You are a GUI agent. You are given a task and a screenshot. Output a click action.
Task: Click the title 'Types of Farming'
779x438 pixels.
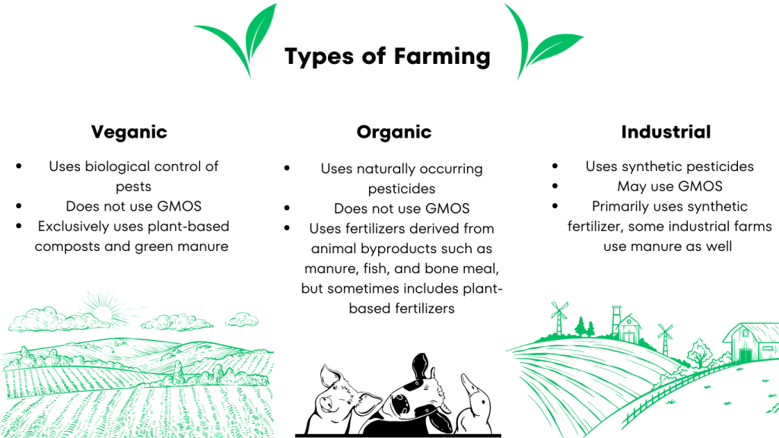[387, 56]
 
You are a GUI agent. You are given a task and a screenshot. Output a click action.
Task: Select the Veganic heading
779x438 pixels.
[129, 132]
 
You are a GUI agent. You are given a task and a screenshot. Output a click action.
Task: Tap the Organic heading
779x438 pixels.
[394, 132]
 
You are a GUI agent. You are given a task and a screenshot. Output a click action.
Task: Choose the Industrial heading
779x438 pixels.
[666, 132]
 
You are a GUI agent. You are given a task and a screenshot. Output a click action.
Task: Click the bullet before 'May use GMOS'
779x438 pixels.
[555, 186]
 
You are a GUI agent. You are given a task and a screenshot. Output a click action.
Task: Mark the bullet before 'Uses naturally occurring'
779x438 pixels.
[287, 168]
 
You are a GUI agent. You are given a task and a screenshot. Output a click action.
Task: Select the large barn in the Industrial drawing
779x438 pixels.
[751, 342]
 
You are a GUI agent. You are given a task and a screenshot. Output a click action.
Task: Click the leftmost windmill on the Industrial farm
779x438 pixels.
[559, 317]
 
